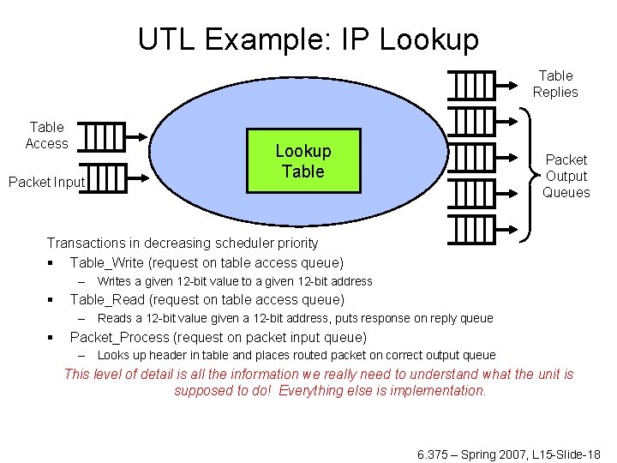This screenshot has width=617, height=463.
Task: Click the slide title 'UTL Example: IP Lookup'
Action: tap(308, 39)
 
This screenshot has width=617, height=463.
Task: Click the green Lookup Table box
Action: tap(303, 160)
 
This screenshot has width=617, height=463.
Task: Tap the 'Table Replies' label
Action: tap(555, 84)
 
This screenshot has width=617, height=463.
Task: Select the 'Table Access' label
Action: tap(46, 135)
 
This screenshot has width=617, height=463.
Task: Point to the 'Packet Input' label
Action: tap(46, 182)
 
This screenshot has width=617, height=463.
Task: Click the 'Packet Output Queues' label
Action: tap(566, 176)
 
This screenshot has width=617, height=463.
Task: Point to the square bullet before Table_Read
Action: tap(52, 300)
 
